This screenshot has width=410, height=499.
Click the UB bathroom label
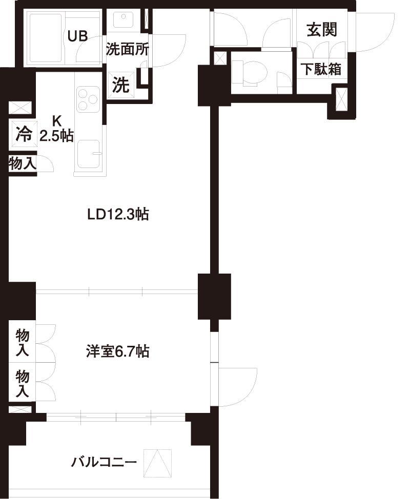point(78,36)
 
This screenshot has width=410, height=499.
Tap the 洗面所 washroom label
point(127,49)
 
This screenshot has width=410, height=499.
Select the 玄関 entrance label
point(322,30)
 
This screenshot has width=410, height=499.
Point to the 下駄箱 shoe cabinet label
point(322,69)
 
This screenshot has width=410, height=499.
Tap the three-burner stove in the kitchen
point(88,98)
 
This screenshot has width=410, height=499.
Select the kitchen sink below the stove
point(89,154)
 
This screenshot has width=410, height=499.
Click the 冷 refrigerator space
point(24,134)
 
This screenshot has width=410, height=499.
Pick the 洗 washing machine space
point(121,85)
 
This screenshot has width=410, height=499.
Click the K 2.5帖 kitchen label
point(57,129)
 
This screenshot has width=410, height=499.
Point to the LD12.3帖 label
point(118,215)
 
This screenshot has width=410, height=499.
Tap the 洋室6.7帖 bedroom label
point(117,352)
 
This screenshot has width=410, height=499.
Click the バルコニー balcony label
point(104,462)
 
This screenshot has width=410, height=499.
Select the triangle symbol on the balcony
point(157,463)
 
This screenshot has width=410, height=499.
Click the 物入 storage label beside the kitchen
point(22,164)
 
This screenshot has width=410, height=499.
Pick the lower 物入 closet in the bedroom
point(23,383)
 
